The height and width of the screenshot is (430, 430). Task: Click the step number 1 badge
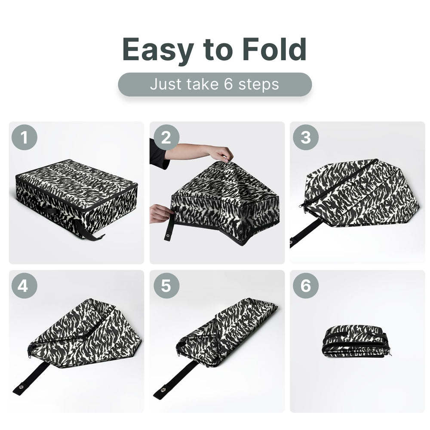tap(24, 138)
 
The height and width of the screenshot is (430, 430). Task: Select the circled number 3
tap(306, 138)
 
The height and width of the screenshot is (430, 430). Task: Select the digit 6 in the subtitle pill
tap(228, 84)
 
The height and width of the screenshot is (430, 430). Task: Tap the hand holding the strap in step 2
tap(160, 212)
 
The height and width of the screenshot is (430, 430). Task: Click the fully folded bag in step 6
tap(356, 343)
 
